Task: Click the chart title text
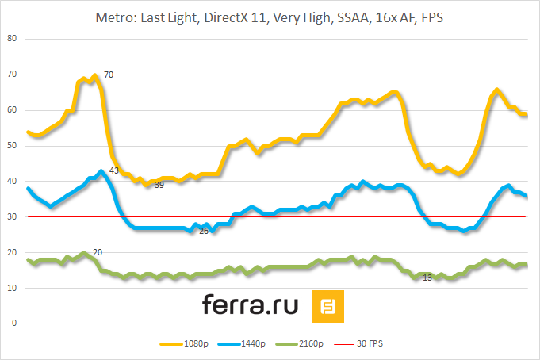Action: coord(270,17)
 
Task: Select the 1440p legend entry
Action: coord(253,343)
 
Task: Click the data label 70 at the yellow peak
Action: coord(109,75)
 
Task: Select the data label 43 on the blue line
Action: coord(114,170)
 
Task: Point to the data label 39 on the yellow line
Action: coord(159,185)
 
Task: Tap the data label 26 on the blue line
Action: coord(204,232)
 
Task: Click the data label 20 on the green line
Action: coord(98,252)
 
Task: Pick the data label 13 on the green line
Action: coord(427,278)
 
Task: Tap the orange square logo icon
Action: coord(327,306)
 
